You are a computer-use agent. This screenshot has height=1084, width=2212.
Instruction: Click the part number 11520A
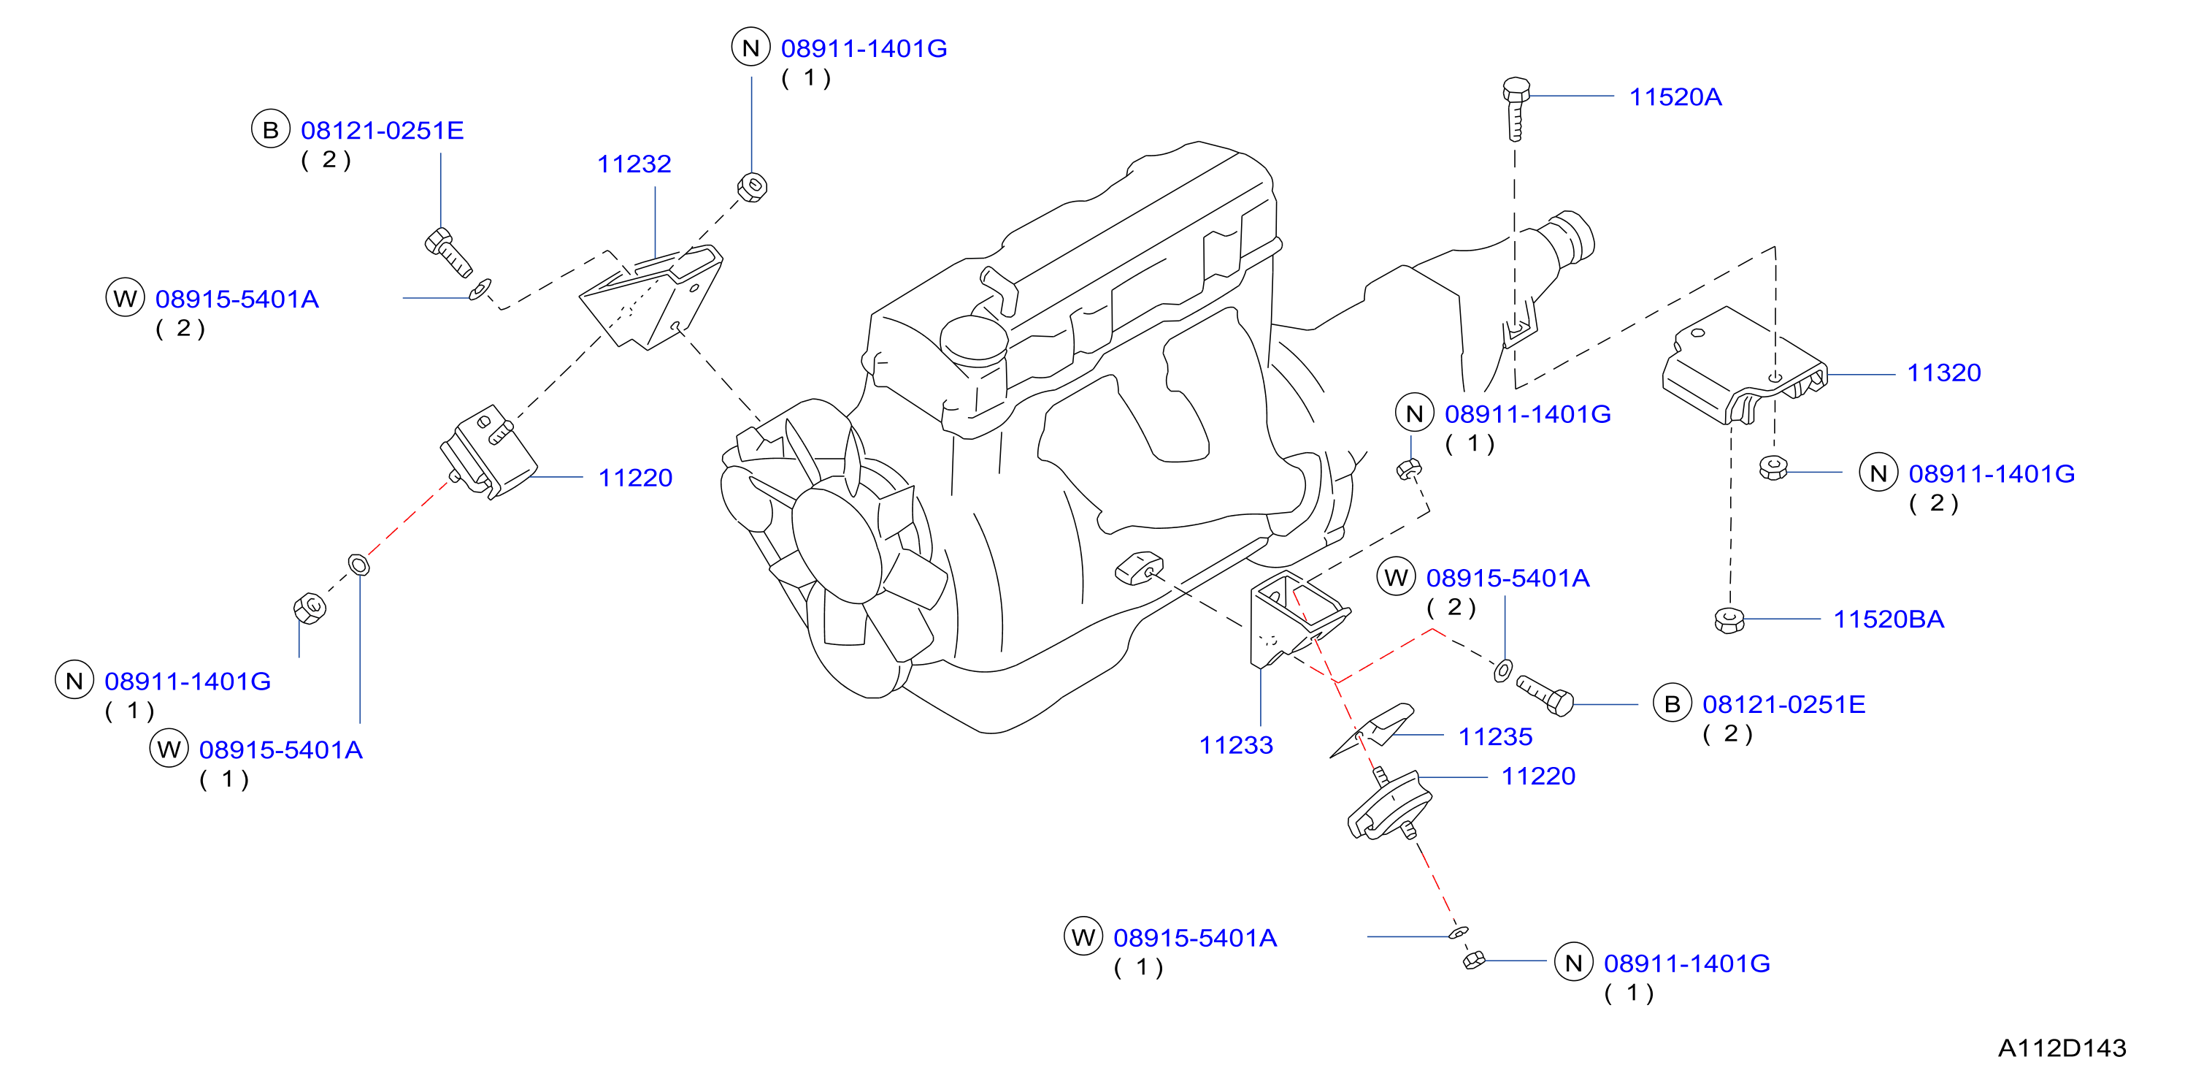point(1675,97)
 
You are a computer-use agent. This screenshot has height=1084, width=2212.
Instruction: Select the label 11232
point(634,164)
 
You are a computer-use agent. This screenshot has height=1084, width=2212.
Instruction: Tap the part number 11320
point(1943,373)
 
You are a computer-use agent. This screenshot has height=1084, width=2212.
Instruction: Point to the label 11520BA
point(1889,619)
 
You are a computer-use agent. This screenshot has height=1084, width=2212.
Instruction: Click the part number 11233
point(1236,745)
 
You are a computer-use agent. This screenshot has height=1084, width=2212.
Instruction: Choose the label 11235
point(1495,736)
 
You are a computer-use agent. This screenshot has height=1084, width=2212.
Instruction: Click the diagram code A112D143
point(2062,1048)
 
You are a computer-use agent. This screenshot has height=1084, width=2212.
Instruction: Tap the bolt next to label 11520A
point(1516,108)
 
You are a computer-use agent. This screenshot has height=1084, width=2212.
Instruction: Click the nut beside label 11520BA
point(1729,620)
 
